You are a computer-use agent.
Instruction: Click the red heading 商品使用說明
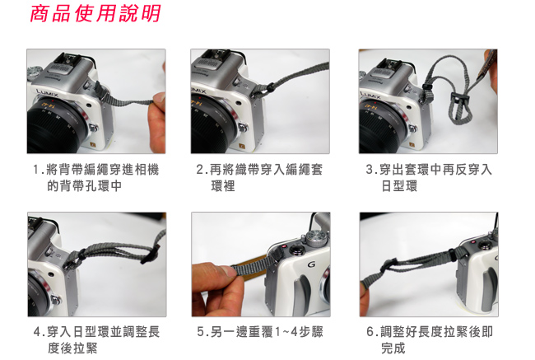coord(95,14)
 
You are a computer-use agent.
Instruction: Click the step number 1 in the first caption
coord(36,170)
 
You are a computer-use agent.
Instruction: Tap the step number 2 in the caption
coord(200,170)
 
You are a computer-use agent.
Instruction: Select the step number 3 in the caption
coord(370,170)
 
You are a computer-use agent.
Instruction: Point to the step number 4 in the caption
coord(37,332)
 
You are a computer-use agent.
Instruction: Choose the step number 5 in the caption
coord(201,332)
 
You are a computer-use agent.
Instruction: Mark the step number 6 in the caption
coord(370,332)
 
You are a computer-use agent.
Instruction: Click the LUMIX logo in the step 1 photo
coord(48,92)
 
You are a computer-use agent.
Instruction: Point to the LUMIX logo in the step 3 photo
coord(370,93)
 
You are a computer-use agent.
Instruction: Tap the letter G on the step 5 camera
coord(311,264)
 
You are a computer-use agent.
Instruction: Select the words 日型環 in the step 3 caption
coord(399,186)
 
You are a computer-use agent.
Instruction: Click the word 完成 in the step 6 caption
coord(393,348)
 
